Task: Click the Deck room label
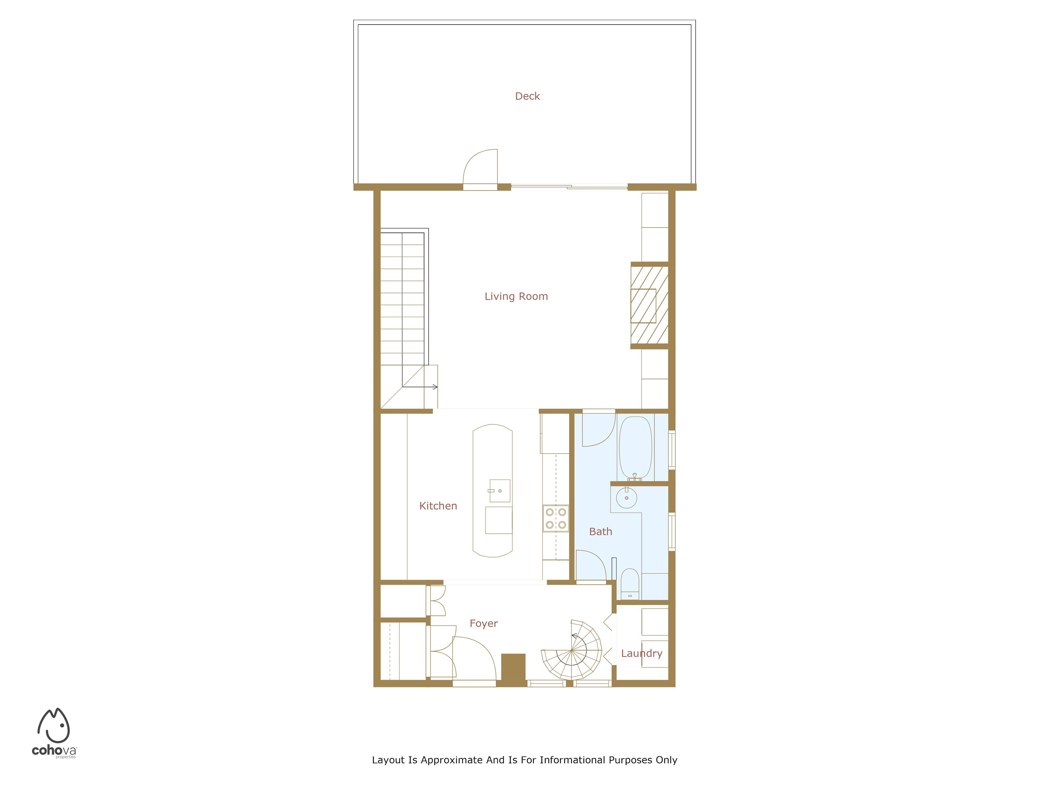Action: click(527, 96)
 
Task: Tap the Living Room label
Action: click(516, 297)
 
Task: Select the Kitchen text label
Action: click(438, 506)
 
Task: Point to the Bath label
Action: click(601, 532)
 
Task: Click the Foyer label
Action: click(484, 624)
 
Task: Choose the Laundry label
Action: click(642, 653)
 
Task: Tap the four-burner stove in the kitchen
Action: click(555, 518)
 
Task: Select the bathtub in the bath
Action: click(636, 447)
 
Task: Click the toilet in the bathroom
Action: click(630, 584)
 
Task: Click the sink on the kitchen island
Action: click(500, 490)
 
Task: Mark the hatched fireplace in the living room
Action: click(649, 305)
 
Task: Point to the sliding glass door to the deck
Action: click(569, 187)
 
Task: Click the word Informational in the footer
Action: click(573, 760)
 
